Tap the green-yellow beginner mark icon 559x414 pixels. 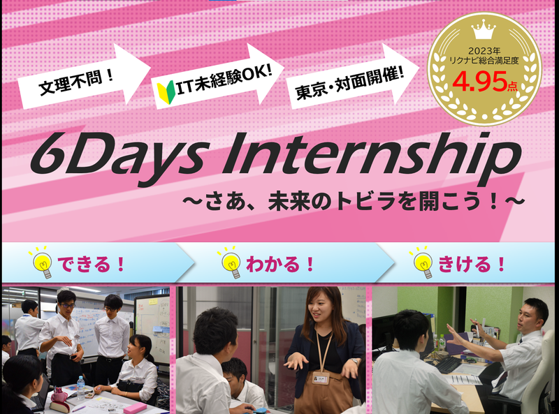coord(166,89)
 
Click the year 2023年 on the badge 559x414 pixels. coord(484,50)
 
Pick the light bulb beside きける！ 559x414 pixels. coord(422,263)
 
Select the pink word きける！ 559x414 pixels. coord(472,265)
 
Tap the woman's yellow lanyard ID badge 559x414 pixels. coord(320,378)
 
